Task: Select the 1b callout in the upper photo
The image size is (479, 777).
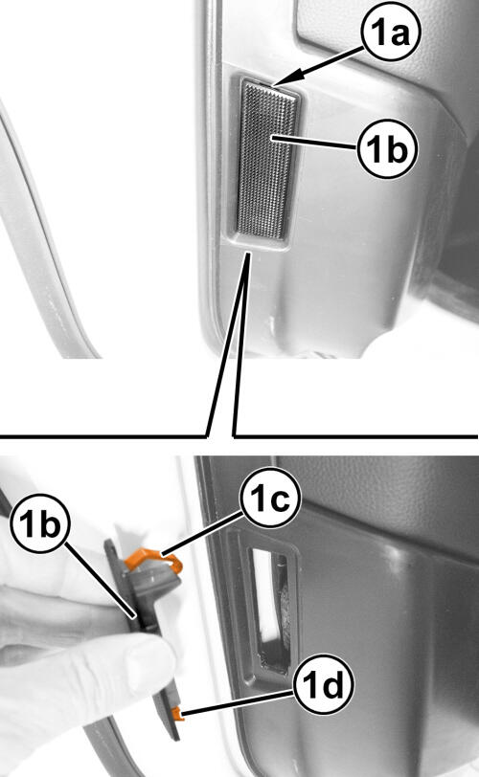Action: (387, 147)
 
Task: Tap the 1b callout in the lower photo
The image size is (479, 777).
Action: (40, 523)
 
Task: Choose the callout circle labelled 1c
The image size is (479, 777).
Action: (270, 497)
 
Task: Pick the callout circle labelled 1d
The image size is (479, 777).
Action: (323, 684)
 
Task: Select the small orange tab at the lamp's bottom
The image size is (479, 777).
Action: (177, 714)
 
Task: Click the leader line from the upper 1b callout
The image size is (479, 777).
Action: (314, 143)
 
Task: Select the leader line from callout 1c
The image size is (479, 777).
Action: (201, 533)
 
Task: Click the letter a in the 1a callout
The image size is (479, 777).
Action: (401, 34)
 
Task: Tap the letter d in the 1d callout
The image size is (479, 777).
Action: (332, 684)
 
